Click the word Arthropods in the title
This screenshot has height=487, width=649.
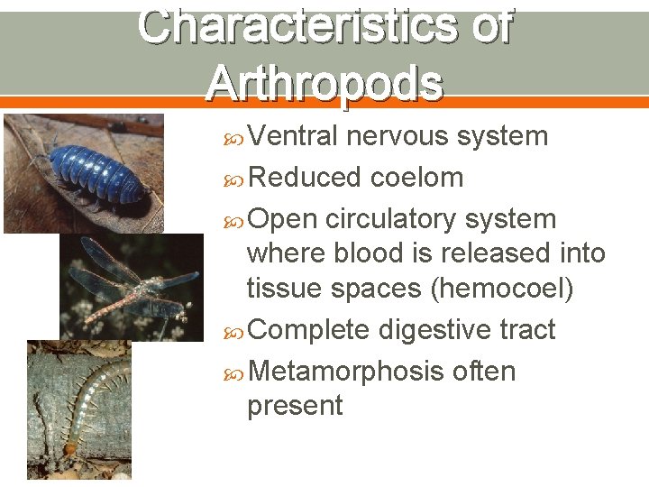point(324,84)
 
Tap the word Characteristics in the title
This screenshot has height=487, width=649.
point(294,26)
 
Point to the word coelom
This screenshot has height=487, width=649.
point(417,178)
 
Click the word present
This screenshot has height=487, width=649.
point(295,406)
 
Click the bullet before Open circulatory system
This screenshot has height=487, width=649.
point(235,220)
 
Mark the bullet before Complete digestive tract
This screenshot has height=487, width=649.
point(235,331)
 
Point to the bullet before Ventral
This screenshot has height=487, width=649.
point(235,137)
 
